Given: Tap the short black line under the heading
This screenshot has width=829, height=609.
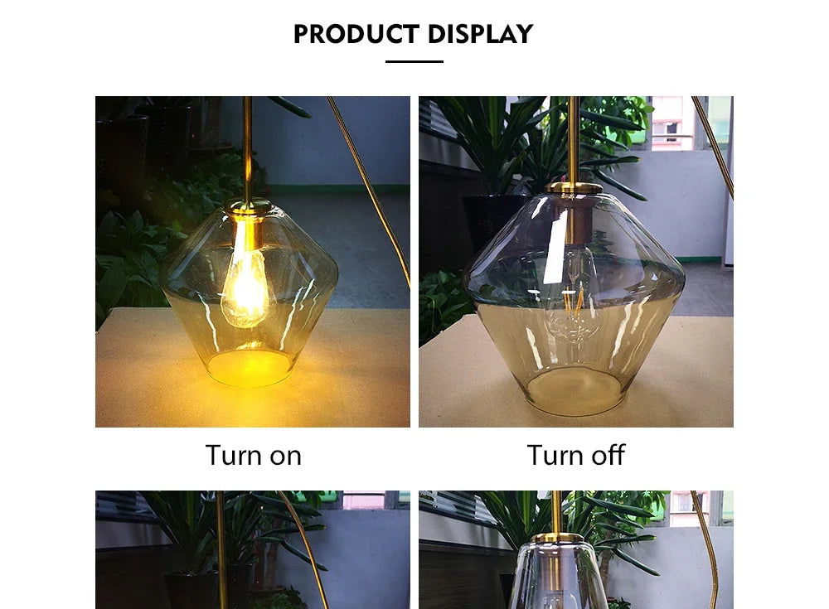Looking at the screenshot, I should tap(414, 61).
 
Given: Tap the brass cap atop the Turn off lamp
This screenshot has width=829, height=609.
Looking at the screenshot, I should tap(574, 188).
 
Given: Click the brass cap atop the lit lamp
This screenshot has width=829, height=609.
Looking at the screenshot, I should tap(249, 205).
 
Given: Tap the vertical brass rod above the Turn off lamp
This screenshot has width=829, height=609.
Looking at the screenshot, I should tap(573, 137).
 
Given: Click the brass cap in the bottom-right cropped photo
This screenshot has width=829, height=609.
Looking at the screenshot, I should tap(557, 537).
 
